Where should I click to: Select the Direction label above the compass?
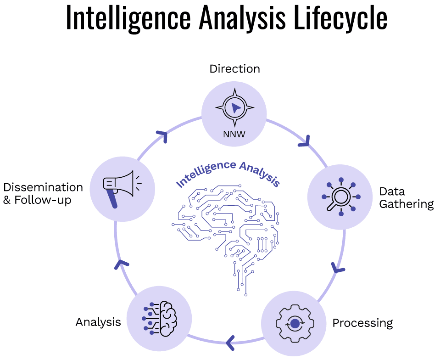click(234, 69)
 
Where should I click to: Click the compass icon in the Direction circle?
click(234, 108)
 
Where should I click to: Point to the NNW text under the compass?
click(234, 135)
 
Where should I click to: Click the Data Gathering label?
click(406, 197)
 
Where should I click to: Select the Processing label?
click(362, 323)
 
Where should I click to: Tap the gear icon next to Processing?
click(294, 323)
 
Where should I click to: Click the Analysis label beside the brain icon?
click(98, 322)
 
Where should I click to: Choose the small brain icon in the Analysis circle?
click(159, 318)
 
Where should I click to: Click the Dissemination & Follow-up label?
click(43, 193)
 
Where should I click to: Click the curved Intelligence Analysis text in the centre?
click(228, 173)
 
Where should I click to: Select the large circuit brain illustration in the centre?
click(228, 234)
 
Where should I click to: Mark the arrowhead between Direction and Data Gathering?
click(305, 141)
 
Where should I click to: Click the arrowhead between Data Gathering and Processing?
click(338, 267)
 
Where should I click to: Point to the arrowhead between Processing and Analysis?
click(231, 341)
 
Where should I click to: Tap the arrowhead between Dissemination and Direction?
click(162, 136)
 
